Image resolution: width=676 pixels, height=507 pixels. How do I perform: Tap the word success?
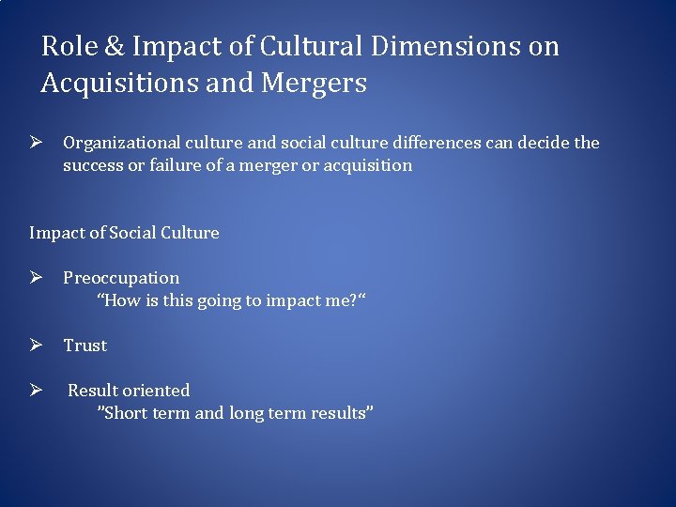pyautogui.click(x=91, y=165)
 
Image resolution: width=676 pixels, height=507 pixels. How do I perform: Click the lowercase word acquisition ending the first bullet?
pyautogui.click(x=363, y=165)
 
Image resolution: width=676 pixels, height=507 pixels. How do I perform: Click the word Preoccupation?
pyautogui.click(x=121, y=278)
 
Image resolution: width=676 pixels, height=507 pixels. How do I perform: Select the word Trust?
pyautogui.click(x=85, y=346)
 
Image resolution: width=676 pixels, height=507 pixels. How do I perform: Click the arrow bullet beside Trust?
pyautogui.click(x=37, y=346)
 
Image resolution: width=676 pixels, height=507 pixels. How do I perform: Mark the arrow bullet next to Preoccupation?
pyautogui.click(x=37, y=278)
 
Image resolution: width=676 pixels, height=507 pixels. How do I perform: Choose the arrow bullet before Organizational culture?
pyautogui.click(x=37, y=143)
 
